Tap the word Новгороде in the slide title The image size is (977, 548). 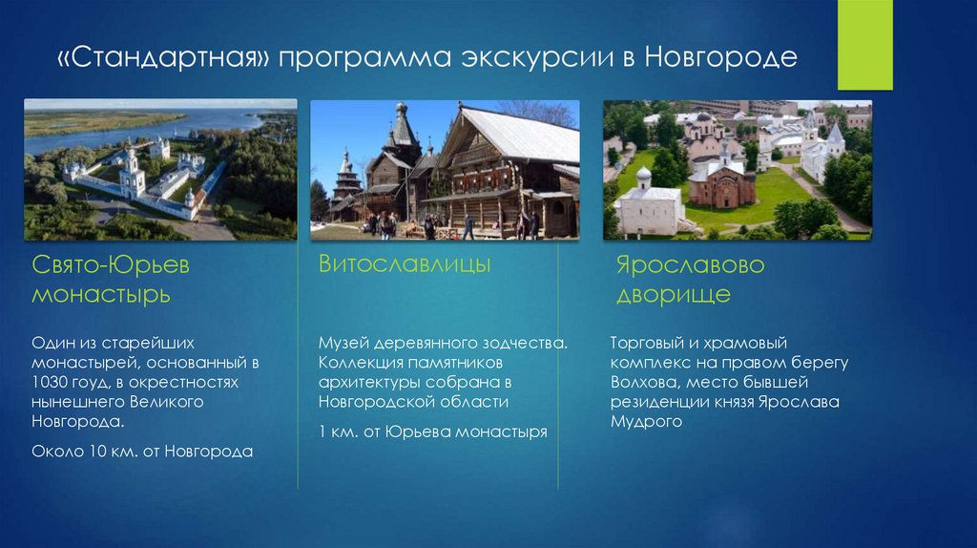pyautogui.click(x=720, y=57)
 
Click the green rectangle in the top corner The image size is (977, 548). pyautogui.click(x=864, y=45)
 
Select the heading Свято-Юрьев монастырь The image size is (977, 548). pyautogui.click(x=111, y=279)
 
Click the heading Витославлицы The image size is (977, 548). pyautogui.click(x=405, y=263)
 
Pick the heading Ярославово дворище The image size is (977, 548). pyautogui.click(x=691, y=279)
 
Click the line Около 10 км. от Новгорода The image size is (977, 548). pyautogui.click(x=142, y=451)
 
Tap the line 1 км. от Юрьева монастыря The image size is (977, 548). pyautogui.click(x=433, y=432)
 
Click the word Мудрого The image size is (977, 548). pyautogui.click(x=646, y=421)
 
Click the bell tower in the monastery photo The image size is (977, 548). pyautogui.click(x=133, y=174)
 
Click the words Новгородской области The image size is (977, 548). pyautogui.click(x=413, y=402)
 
